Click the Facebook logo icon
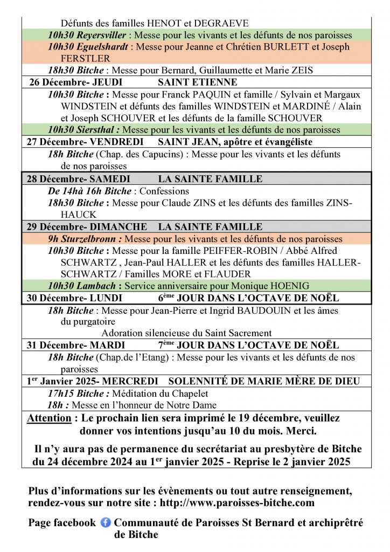106,522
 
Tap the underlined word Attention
49,418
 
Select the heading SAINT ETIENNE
197,82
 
